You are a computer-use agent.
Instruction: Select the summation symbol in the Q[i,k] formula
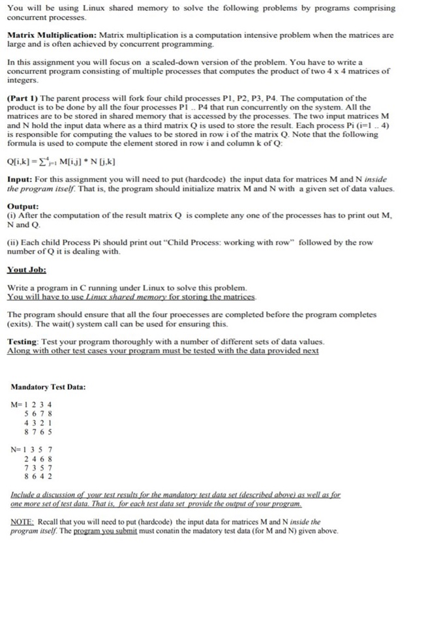[x=41, y=161]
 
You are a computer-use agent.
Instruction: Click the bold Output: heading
[x=23, y=204]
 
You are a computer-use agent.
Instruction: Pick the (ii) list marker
[x=13, y=242]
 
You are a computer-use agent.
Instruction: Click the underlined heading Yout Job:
[x=26, y=269]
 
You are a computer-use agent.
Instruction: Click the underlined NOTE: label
[x=23, y=522]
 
